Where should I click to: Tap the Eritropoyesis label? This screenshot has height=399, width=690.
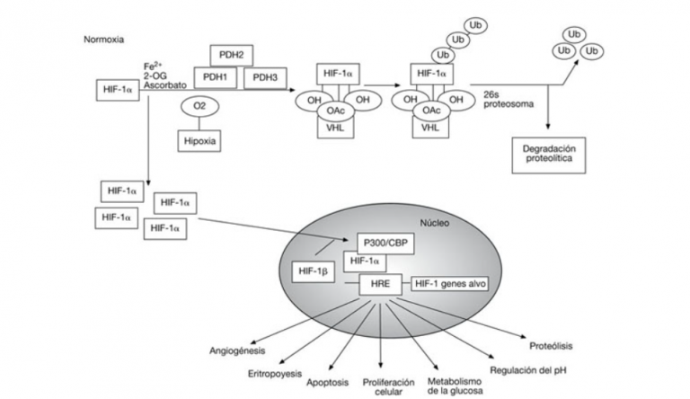(x=276, y=371)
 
